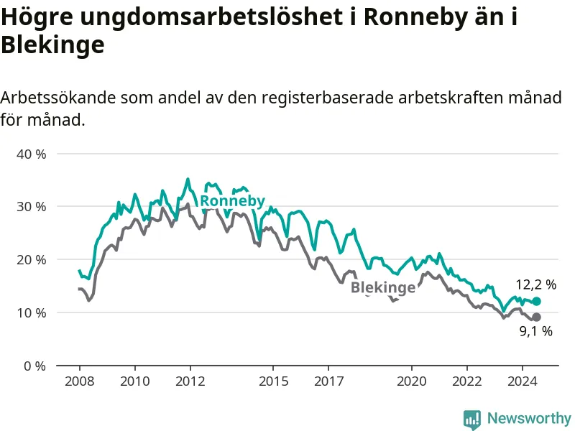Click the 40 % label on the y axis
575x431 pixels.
[31, 154]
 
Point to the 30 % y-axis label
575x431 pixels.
[31, 207]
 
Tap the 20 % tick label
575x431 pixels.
[31, 260]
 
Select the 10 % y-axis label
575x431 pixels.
[31, 313]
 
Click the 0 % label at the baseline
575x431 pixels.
[34, 366]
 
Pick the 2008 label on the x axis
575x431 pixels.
[80, 381]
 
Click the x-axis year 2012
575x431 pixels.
[190, 381]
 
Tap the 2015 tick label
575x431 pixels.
[274, 381]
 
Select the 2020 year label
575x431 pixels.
[412, 381]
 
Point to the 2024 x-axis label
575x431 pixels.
[523, 381]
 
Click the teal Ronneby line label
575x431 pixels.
[232, 201]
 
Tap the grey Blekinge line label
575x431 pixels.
[383, 287]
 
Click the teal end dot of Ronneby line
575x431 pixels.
[536, 301]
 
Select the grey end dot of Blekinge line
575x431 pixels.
[536, 317]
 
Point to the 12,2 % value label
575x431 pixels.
[536, 284]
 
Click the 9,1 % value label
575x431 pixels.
[536, 331]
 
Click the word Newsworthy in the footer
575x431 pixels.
[529, 418]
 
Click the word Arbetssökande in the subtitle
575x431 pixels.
[58, 98]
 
